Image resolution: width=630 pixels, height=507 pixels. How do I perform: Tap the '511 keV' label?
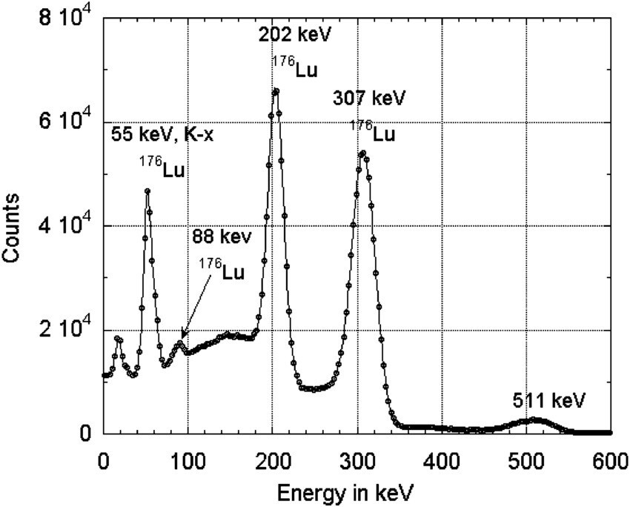tap(549, 401)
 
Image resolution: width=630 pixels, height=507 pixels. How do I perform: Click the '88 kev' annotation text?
tap(222, 237)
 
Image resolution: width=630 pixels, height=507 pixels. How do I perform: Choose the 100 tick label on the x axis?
tap(188, 460)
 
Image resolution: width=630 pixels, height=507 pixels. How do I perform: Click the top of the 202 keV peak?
tap(276, 91)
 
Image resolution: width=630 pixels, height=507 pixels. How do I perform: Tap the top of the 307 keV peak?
tap(362, 153)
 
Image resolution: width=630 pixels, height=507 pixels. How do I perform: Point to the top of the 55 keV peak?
tap(147, 191)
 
